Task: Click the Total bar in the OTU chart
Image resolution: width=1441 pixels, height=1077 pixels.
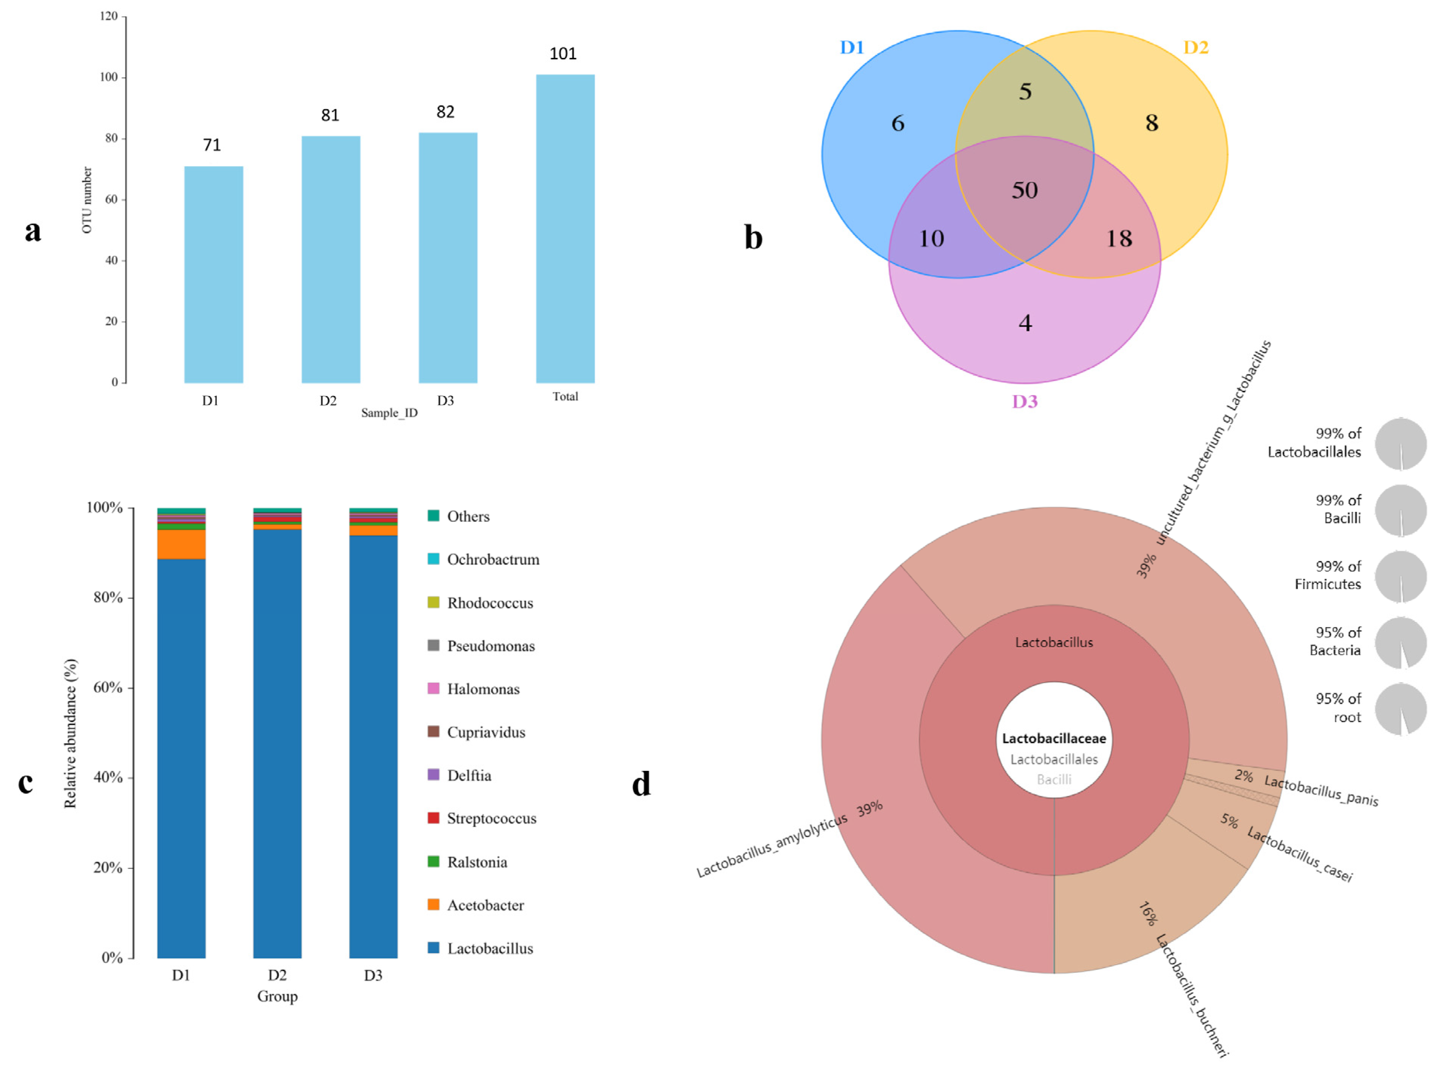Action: [x=565, y=228]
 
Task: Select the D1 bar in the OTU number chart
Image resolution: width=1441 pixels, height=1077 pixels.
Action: [x=214, y=274]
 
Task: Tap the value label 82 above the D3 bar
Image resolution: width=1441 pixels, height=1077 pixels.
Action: [x=445, y=112]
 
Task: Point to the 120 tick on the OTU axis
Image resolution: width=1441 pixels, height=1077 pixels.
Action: [x=109, y=16]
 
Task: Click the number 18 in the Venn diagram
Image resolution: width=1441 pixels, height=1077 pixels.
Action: [x=1119, y=238]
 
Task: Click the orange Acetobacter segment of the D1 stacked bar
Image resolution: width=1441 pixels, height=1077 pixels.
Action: [x=181, y=544]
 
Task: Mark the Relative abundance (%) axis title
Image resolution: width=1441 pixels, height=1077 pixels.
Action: [x=70, y=733]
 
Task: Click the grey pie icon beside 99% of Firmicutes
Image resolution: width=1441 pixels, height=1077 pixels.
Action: [x=1401, y=577]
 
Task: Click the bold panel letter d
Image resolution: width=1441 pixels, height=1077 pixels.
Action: [x=641, y=784]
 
